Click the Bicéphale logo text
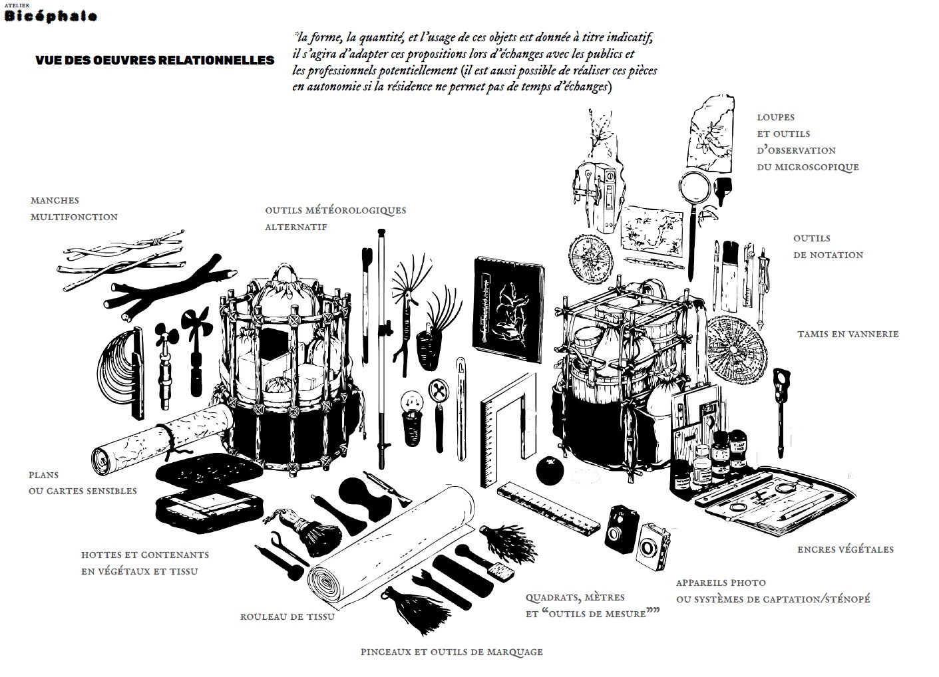click(x=51, y=17)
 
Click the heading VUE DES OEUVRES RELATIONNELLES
click(x=154, y=61)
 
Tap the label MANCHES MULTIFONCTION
click(x=74, y=208)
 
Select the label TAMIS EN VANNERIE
click(x=847, y=334)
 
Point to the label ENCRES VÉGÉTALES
click(x=845, y=549)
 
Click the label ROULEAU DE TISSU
click(x=287, y=616)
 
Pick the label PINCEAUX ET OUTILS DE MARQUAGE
click(x=451, y=652)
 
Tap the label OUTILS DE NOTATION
click(x=828, y=246)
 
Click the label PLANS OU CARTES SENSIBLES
click(x=83, y=483)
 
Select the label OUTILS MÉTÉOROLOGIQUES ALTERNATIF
click(x=335, y=218)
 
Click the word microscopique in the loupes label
click(x=817, y=167)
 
